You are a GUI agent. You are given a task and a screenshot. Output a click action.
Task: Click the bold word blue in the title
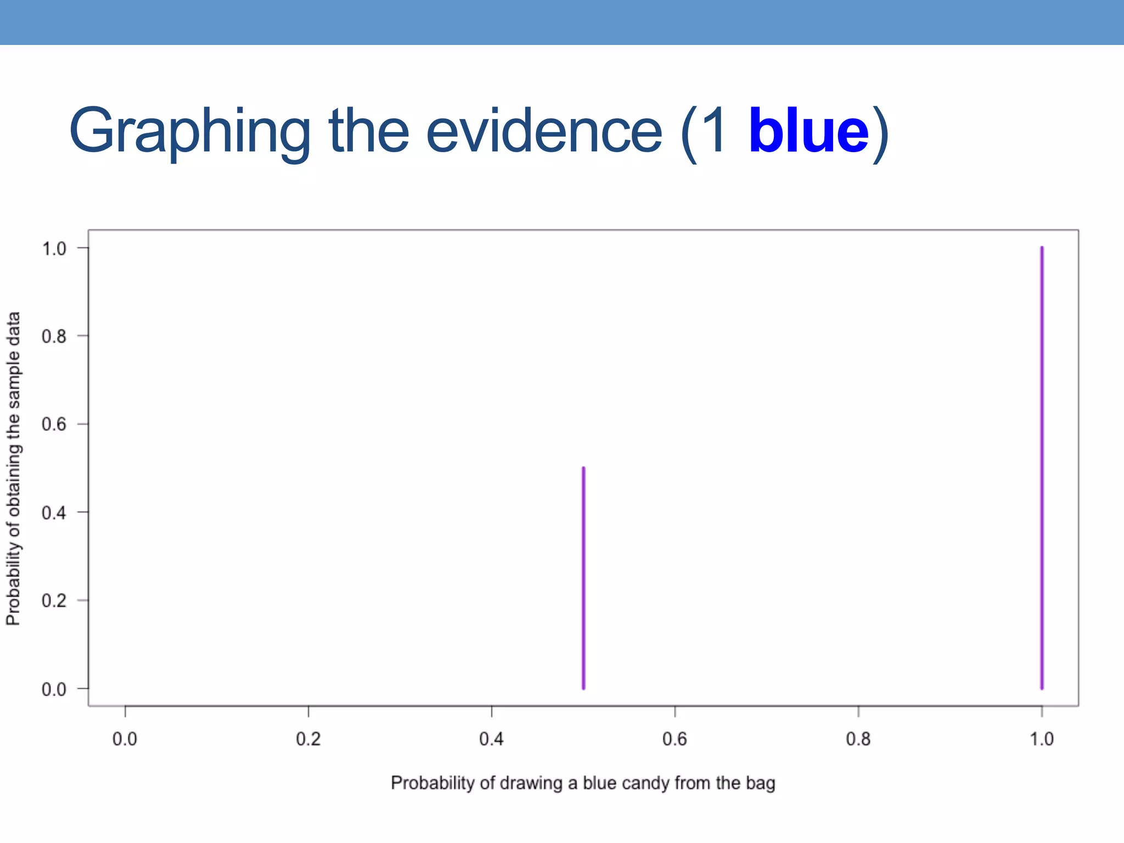click(x=808, y=132)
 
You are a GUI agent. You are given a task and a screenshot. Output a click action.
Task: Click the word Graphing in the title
click(x=189, y=132)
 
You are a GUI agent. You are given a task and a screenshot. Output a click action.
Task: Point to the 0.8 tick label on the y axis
click(x=54, y=336)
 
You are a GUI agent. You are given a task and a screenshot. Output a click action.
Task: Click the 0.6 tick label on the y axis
click(x=54, y=424)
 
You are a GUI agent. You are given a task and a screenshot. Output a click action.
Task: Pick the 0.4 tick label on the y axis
click(x=54, y=513)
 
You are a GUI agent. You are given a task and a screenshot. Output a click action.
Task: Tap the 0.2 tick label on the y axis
click(x=54, y=600)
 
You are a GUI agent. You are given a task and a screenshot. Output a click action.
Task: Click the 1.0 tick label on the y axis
click(x=54, y=249)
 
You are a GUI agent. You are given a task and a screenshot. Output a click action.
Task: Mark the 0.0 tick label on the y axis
click(x=54, y=689)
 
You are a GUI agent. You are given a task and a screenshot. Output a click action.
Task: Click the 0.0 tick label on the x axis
click(x=125, y=739)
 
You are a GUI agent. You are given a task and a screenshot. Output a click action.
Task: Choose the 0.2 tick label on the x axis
click(x=308, y=739)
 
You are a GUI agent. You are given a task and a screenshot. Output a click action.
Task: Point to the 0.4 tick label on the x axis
click(x=491, y=739)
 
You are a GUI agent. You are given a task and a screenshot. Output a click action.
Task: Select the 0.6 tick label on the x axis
click(x=675, y=739)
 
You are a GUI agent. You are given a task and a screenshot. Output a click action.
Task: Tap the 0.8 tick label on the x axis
click(x=858, y=739)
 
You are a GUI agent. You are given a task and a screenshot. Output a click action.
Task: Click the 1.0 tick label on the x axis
click(x=1041, y=739)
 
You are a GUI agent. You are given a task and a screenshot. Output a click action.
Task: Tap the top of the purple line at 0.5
click(x=583, y=469)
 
